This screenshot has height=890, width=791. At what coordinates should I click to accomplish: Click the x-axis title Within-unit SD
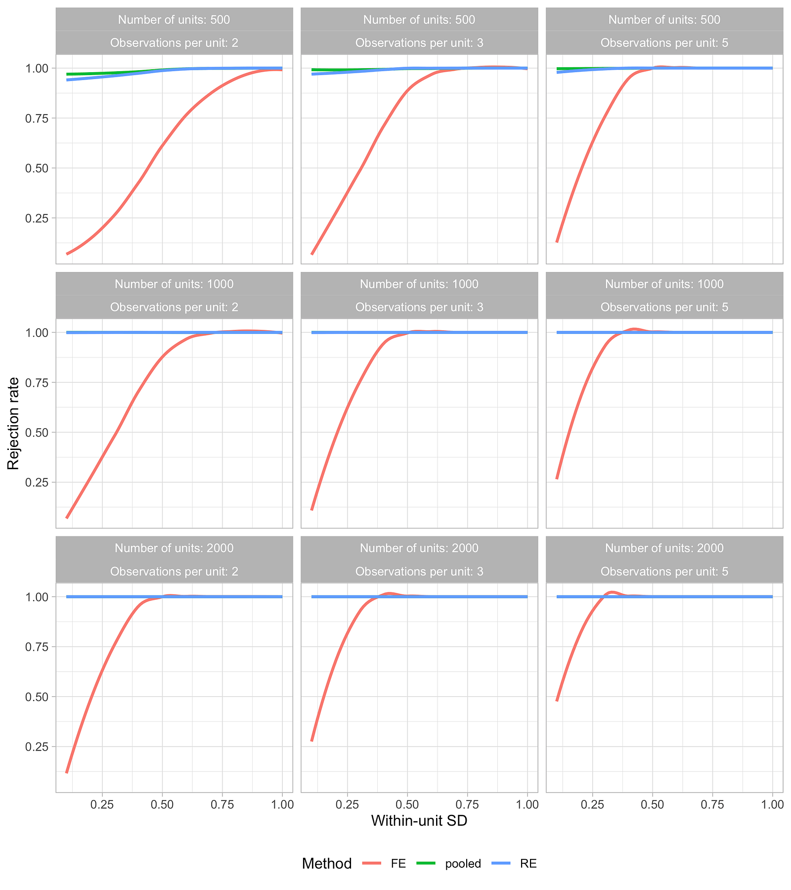(x=419, y=821)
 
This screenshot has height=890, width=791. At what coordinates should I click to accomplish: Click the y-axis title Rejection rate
(x=13, y=423)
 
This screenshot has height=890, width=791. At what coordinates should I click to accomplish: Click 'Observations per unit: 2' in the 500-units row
(x=174, y=43)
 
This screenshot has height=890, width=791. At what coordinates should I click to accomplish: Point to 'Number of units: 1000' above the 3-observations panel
(x=419, y=284)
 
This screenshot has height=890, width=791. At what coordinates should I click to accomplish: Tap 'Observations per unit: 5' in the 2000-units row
(x=664, y=572)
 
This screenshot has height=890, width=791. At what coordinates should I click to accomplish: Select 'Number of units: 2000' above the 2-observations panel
(x=174, y=548)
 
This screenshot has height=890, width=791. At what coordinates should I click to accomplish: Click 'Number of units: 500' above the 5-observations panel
(x=664, y=20)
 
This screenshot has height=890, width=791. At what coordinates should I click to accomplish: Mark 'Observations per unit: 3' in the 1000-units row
(x=419, y=307)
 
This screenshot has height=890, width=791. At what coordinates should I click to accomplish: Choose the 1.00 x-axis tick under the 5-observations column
(x=772, y=804)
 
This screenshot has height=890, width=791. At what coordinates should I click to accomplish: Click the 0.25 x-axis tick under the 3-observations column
(x=347, y=804)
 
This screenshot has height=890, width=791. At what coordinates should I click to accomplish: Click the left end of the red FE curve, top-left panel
(x=67, y=254)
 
